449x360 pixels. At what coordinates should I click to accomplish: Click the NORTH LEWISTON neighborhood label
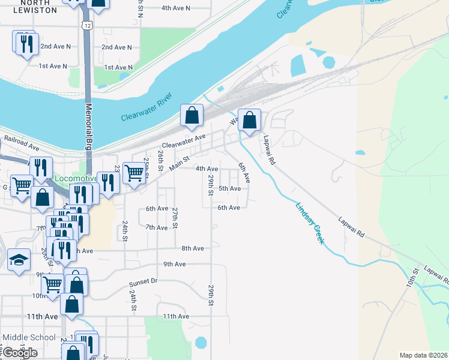coord(34,7)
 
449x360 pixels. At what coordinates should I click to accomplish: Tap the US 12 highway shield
coord(88,25)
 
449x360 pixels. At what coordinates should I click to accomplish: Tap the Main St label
coord(178,162)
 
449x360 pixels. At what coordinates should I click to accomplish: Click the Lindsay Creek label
coord(310,222)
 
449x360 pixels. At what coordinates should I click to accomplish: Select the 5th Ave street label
coord(229,188)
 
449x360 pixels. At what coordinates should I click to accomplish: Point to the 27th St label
coord(175,217)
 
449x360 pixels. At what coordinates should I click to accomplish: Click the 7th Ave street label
coord(157,227)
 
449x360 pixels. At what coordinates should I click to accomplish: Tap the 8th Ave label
coord(193,248)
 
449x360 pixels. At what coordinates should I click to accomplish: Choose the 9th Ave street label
coord(175,264)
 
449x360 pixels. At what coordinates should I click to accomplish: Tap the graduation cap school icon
coord(19,260)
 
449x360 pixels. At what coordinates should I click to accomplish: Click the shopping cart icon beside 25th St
coord(134,173)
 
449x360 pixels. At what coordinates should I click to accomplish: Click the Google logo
coord(20,353)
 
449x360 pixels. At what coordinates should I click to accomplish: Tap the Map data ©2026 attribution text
coord(423,355)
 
